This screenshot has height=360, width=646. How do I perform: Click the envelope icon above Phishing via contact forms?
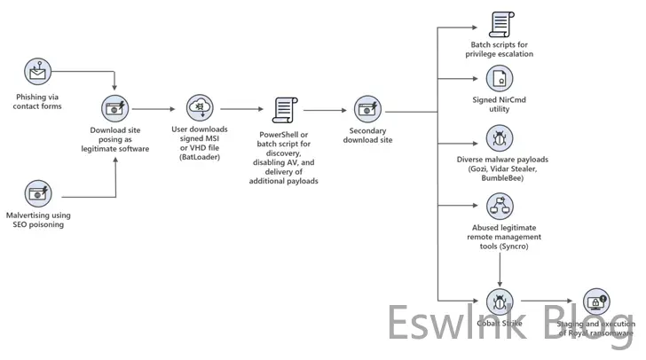38,70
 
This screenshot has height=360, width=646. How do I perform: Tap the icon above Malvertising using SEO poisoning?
38,192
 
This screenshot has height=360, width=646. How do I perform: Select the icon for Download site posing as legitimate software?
115,109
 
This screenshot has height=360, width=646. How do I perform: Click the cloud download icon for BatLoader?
200,108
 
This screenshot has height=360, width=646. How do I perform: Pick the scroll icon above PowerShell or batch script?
283,110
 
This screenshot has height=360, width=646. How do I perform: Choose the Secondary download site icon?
366,110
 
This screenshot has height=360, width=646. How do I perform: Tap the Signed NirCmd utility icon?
501,77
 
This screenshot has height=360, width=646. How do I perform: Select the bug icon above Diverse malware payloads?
501,138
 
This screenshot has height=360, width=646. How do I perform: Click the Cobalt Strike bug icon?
501,301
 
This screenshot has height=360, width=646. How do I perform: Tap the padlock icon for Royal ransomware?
595,301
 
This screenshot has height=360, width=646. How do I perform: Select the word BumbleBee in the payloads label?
502,178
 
